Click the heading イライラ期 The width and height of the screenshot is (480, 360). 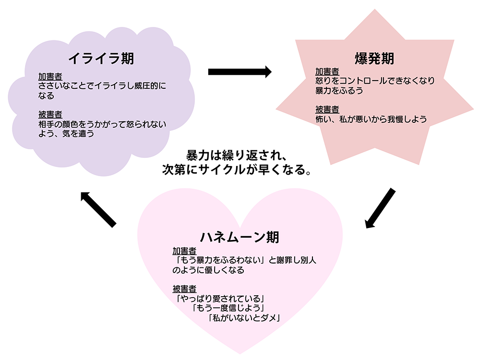tap(101, 59)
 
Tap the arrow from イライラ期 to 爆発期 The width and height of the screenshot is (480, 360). tap(240, 72)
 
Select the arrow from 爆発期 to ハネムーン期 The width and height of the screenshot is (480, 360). tap(380, 208)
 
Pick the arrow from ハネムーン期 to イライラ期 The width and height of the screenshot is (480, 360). tap(98, 209)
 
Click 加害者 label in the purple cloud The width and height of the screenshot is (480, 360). tap(50, 77)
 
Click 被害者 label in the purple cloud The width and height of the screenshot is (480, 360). tap(50, 114)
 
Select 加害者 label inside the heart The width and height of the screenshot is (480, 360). tap(184, 251)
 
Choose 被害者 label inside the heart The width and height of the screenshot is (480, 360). tap(184, 288)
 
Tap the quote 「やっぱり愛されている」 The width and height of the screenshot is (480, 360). tap(220, 299)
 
